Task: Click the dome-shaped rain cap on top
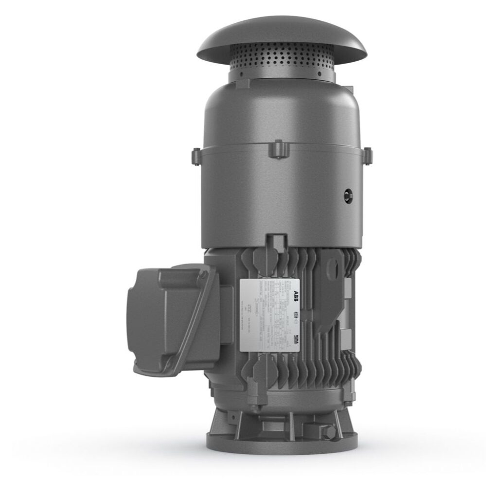[282, 37]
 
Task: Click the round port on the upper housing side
[347, 193]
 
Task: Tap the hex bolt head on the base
[331, 430]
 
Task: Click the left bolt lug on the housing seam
[196, 156]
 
